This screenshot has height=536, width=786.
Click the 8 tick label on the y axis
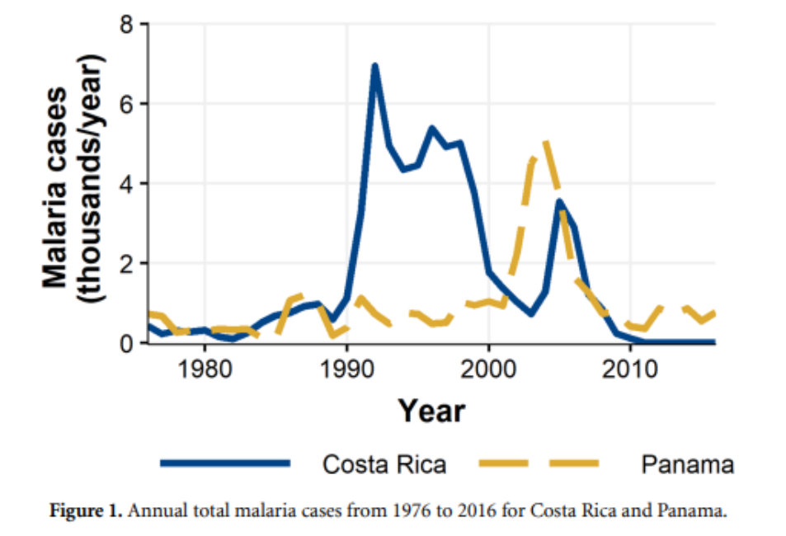point(128,24)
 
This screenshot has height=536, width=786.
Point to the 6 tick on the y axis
point(128,104)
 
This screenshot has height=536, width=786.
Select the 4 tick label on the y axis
point(128,183)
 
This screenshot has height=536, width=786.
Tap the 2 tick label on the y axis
point(128,263)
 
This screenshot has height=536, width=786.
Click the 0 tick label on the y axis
point(128,343)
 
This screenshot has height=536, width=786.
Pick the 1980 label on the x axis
point(205,369)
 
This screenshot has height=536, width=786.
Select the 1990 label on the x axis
point(346,369)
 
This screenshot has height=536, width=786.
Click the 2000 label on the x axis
point(489,369)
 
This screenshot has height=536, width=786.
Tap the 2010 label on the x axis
point(631,369)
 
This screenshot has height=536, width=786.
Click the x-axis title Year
point(431,410)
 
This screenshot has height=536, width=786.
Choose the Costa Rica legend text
point(384,464)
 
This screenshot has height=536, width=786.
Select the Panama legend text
point(687,464)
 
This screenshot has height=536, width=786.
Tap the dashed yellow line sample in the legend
point(539,464)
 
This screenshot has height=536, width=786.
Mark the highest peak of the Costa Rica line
point(374,65)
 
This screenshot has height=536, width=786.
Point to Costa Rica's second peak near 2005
point(560,201)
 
